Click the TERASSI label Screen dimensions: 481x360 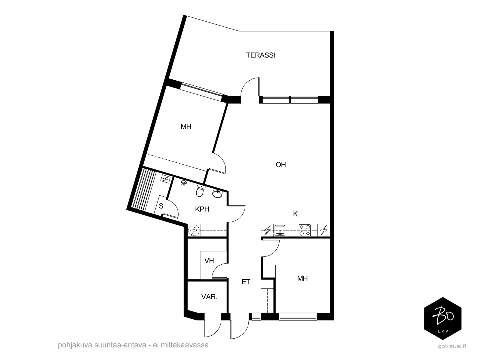[261, 55]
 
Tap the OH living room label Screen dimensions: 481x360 [281, 165]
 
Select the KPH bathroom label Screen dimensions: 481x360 [202, 209]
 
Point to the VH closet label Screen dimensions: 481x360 [209, 261]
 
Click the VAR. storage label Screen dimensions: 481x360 [209, 297]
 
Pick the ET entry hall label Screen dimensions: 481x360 [246, 282]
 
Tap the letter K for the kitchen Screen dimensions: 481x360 [296, 214]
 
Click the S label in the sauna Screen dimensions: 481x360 [161, 206]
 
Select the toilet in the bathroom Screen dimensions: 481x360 [200, 190]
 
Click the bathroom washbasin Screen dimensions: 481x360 [217, 194]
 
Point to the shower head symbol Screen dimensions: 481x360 [184, 183]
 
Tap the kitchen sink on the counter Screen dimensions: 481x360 [280, 230]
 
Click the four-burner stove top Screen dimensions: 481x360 [305, 230]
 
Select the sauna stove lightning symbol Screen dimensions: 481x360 [165, 179]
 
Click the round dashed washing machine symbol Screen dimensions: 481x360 [194, 230]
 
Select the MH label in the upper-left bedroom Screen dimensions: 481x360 [186, 127]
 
